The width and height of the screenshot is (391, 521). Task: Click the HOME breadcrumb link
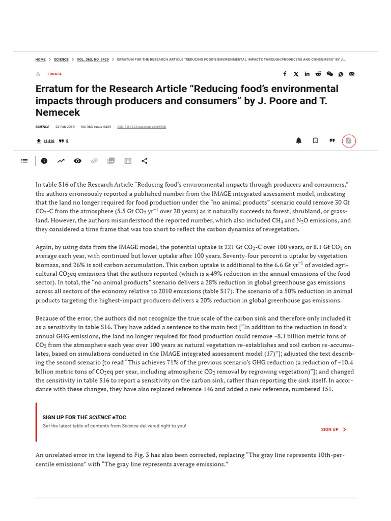click(40, 60)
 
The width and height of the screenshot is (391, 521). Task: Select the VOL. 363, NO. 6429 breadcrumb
click(93, 60)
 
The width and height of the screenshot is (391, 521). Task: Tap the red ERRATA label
click(54, 74)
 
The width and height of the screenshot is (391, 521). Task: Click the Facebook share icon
click(285, 74)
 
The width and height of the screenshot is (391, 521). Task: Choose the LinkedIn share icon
click(307, 74)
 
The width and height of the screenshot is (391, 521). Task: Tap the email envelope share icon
click(352, 74)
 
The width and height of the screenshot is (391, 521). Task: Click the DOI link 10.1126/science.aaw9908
click(142, 127)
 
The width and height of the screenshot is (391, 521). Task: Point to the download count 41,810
click(49, 141)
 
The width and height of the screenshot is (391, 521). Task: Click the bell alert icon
click(299, 141)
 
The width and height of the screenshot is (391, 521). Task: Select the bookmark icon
click(315, 141)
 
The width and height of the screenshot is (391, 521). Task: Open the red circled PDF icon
click(349, 141)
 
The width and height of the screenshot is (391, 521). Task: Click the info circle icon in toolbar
click(44, 161)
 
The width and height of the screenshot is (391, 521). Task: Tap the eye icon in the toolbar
click(77, 161)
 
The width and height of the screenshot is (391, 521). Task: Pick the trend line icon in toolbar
click(61, 161)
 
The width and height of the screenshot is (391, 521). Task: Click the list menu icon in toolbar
click(24, 161)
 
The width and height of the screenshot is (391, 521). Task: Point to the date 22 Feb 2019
click(65, 127)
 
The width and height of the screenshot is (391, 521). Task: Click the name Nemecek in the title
click(58, 112)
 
